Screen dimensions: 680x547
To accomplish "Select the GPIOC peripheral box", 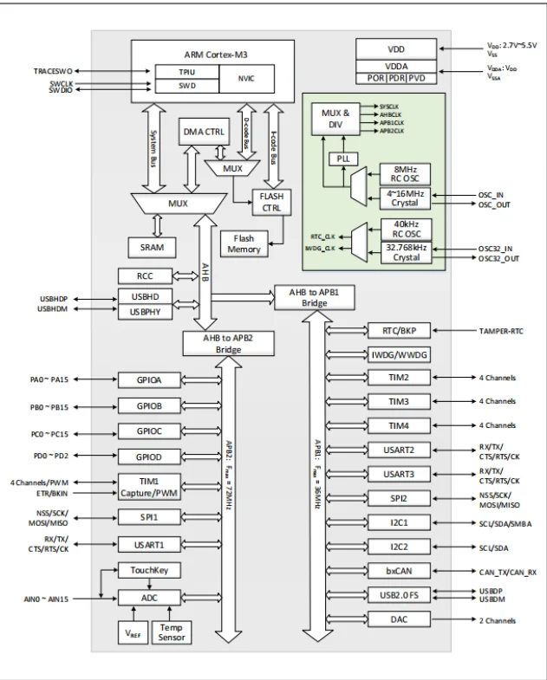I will click(147, 431).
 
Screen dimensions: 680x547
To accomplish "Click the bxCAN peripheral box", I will click(399, 571).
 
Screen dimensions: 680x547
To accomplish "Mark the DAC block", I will click(399, 619).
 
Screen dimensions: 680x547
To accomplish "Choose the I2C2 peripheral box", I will click(399, 547).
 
